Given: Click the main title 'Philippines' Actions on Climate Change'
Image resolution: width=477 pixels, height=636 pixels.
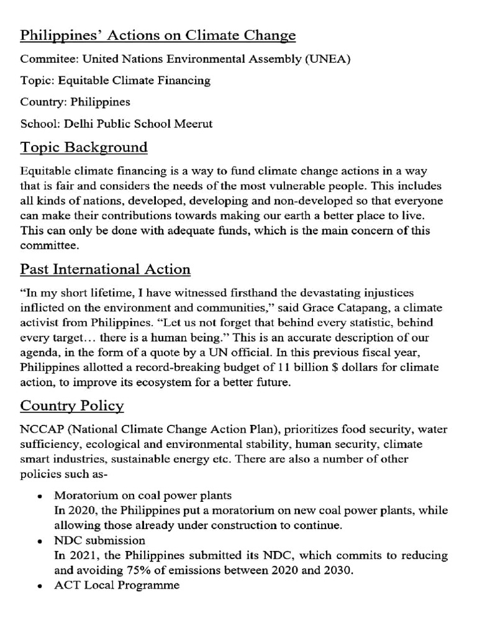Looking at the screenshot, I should [x=158, y=36].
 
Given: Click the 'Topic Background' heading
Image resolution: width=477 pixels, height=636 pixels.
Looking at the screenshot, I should [x=84, y=148].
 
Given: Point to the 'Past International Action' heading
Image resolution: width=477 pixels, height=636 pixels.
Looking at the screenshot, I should [x=105, y=270].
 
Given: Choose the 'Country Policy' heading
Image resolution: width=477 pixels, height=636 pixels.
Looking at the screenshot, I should [x=72, y=406].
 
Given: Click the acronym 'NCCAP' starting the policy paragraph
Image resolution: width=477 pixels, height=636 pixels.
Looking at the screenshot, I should [x=40, y=429].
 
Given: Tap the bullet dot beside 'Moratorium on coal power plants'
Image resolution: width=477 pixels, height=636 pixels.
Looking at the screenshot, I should [x=39, y=497].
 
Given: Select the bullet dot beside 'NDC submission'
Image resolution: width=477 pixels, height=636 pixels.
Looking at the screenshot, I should [x=39, y=541].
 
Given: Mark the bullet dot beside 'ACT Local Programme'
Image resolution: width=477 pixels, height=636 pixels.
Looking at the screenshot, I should [x=39, y=586].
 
